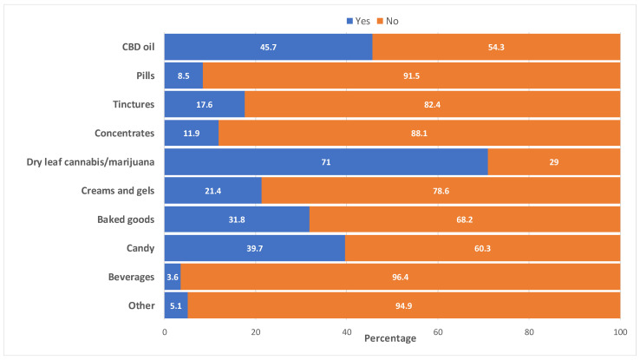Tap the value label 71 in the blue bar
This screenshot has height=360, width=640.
pos(326,162)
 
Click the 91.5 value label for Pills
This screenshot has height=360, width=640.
pos(411,75)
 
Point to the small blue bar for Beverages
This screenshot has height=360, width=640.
pos(173,278)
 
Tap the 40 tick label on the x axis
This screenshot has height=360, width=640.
pos(347,331)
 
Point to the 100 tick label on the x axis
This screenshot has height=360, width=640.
pos(619,331)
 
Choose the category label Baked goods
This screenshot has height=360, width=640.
pos(128,220)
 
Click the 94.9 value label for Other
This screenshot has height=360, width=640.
pos(404,306)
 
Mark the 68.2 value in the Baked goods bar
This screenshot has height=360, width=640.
pos(465,220)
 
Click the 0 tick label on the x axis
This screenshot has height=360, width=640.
pos(165,331)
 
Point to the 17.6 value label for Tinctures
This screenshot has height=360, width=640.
pos(205,105)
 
